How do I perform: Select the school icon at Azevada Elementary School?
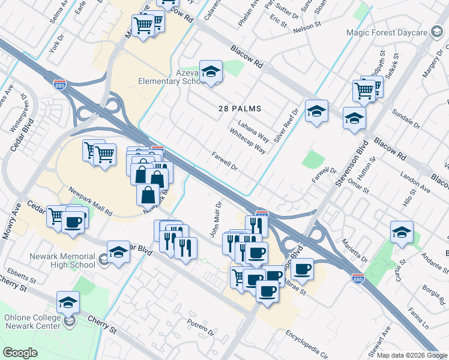pos(211,72)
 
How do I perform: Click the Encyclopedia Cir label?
pos(307,343)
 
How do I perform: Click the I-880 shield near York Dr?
pos(59,85)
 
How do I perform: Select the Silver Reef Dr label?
pos(286,125)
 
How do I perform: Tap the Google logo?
pos(20,353)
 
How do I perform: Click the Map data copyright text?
pos(412,355)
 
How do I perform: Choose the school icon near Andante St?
pos(402,232)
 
